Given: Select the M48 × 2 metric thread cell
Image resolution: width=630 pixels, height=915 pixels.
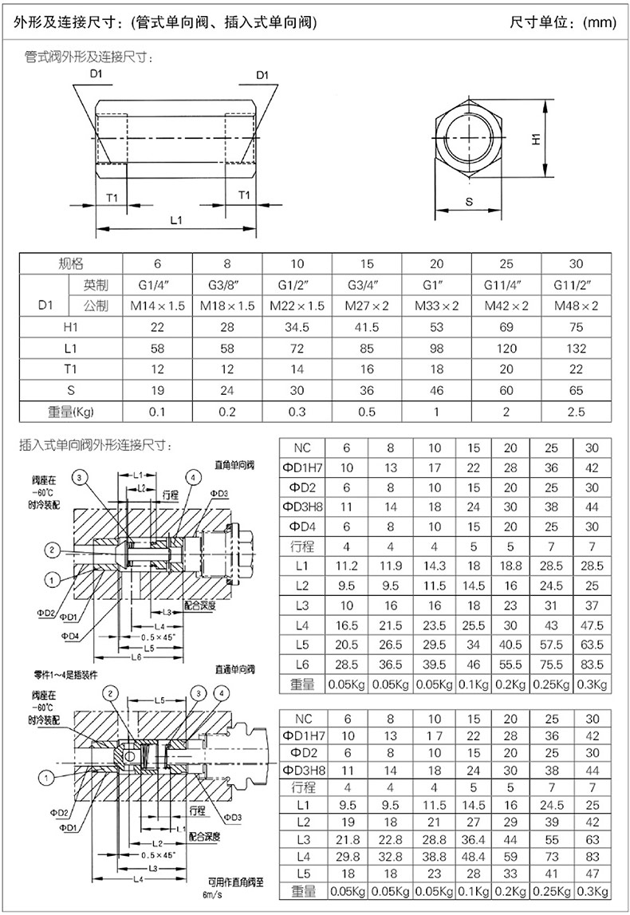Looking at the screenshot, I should [x=577, y=306].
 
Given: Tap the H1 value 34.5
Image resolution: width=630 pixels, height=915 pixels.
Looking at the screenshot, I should [x=296, y=327].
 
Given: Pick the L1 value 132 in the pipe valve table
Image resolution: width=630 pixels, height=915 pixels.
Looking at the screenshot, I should [x=577, y=349].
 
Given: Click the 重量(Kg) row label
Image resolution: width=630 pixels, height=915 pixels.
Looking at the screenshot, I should [x=71, y=412].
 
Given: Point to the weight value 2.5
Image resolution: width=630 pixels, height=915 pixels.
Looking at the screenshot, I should [x=577, y=412].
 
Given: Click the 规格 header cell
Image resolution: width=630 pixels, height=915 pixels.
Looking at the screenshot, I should [x=71, y=264].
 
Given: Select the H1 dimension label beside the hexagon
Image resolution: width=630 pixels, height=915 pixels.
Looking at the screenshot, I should [x=536, y=138].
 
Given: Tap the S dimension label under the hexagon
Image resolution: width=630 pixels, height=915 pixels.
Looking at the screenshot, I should [x=468, y=203].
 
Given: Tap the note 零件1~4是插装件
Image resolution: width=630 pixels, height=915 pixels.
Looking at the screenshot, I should [x=59, y=672].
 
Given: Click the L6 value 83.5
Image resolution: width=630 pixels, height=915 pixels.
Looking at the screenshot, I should [x=592, y=664].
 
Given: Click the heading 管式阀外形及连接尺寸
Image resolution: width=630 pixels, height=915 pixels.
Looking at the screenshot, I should [x=89, y=57].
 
